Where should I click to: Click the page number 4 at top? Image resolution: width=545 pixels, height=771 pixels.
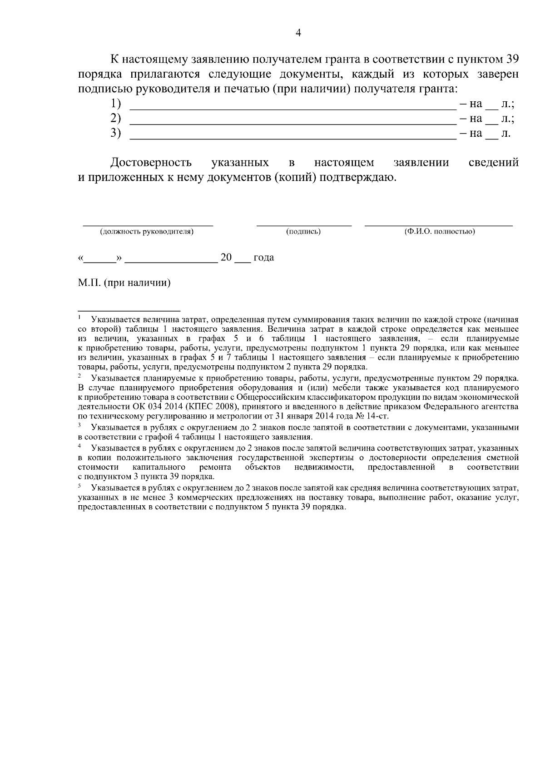[298, 33]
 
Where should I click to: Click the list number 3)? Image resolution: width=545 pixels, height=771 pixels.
[116, 133]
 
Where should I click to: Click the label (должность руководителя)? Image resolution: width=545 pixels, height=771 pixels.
[147, 232]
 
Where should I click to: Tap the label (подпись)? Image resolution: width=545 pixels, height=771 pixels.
[303, 232]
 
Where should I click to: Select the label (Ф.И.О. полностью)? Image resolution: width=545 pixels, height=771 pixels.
[440, 232]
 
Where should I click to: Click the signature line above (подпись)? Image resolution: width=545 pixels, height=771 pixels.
[304, 225]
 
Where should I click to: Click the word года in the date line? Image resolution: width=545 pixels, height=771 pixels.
[264, 258]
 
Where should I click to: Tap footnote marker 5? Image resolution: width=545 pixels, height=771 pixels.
[79, 486]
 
